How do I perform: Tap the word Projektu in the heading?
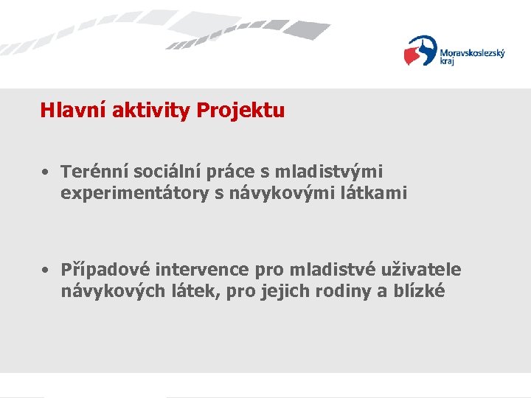[240, 111]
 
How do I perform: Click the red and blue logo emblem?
[420, 52]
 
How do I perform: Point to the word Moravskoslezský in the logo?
[472, 53]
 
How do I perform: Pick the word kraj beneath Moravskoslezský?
[448, 63]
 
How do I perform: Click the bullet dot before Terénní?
[46, 172]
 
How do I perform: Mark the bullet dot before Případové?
[46, 270]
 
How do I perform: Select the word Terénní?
[89, 172]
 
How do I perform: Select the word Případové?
[101, 270]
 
